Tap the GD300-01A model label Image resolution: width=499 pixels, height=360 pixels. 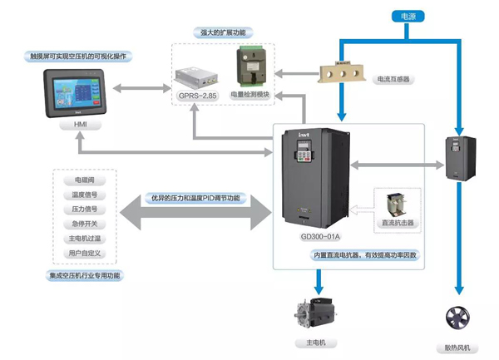320,236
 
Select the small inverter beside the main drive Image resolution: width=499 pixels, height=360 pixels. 458,157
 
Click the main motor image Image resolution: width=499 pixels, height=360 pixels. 314,313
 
